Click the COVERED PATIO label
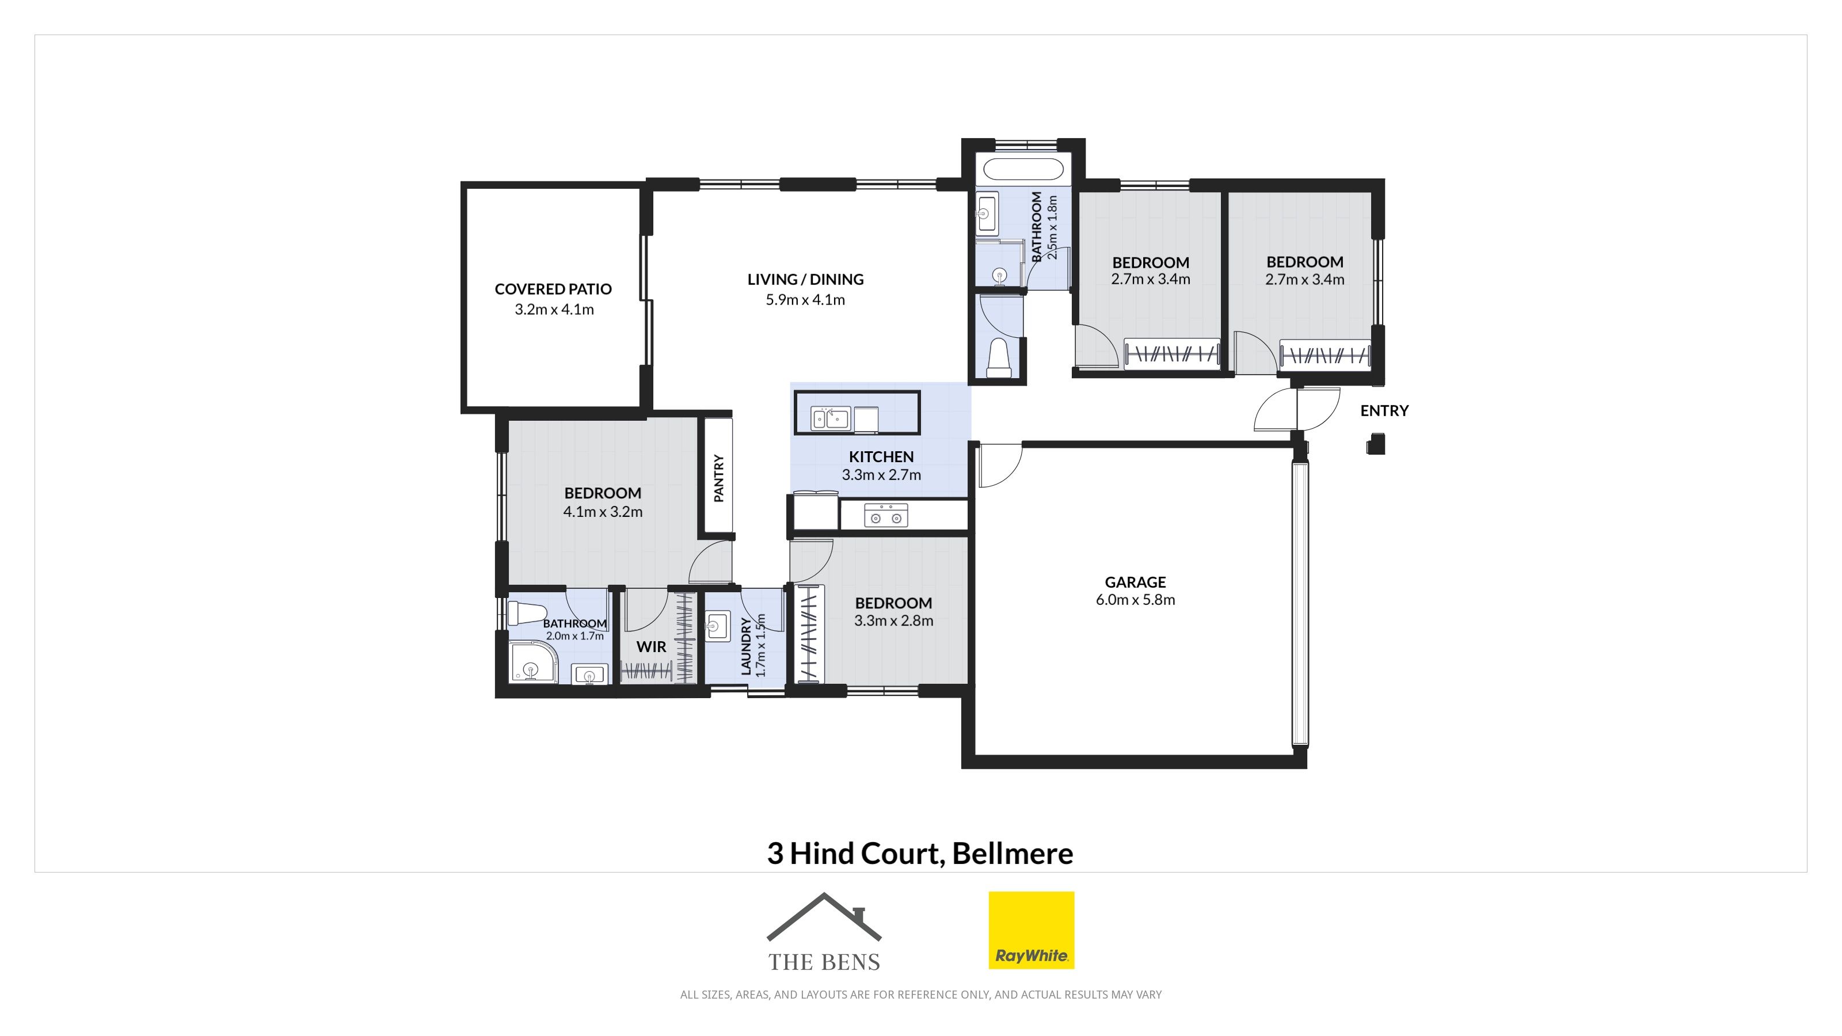pyautogui.click(x=553, y=289)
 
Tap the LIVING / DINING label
pyautogui.click(x=805, y=280)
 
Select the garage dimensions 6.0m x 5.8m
pyautogui.click(x=1136, y=600)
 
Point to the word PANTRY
pyautogui.click(x=718, y=478)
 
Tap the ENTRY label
pyautogui.click(x=1384, y=410)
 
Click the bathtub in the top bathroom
pyautogui.click(x=1023, y=169)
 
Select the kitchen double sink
pyautogui.click(x=830, y=417)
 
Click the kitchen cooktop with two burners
pyautogui.click(x=886, y=515)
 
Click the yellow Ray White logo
pyautogui.click(x=1031, y=930)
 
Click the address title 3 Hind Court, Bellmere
pyautogui.click(x=920, y=853)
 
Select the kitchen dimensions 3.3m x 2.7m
pyautogui.click(x=881, y=475)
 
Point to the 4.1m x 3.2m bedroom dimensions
pyautogui.click(x=603, y=512)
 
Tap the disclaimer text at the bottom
pyautogui.click(x=921, y=995)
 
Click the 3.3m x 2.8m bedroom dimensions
pyautogui.click(x=894, y=620)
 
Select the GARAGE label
pyautogui.click(x=1136, y=582)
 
